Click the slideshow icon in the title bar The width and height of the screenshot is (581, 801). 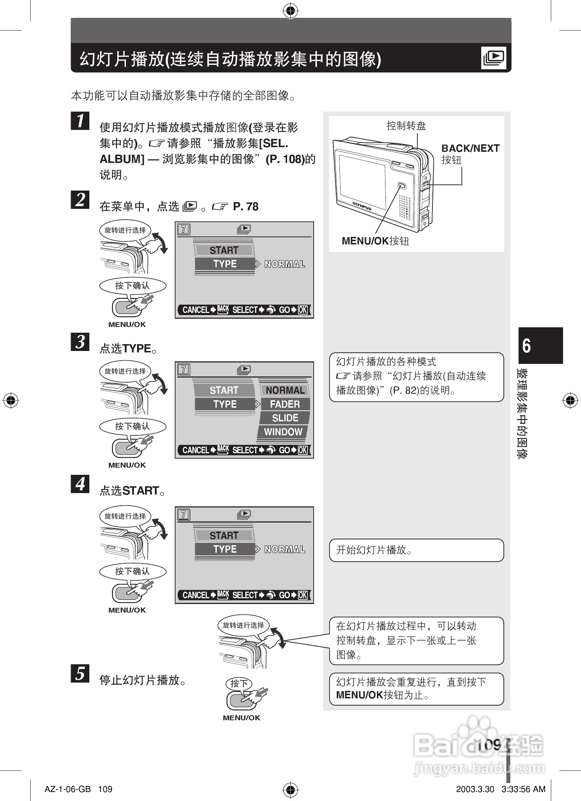pyautogui.click(x=494, y=58)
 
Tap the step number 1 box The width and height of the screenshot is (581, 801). pyautogui.click(x=80, y=120)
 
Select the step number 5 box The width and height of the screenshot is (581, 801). pyautogui.click(x=80, y=673)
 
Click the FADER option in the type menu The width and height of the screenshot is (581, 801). pyautogui.click(x=285, y=404)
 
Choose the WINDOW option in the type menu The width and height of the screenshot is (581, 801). pyautogui.click(x=283, y=432)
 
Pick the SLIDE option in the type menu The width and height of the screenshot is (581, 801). pyautogui.click(x=285, y=418)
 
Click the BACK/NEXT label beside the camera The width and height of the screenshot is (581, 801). pyautogui.click(x=470, y=149)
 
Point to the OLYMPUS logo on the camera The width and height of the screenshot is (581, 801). pyautogui.click(x=361, y=206)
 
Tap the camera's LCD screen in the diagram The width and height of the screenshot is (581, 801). pyautogui.click(x=362, y=182)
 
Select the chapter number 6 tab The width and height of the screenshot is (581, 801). pyautogui.click(x=540, y=345)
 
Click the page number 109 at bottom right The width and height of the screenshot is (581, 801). pyautogui.click(x=489, y=745)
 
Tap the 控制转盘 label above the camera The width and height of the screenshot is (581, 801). pyautogui.click(x=406, y=126)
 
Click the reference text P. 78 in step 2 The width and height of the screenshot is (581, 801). pyautogui.click(x=246, y=207)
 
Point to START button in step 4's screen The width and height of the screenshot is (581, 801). pyautogui.click(x=224, y=535)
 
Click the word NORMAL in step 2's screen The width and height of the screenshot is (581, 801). pyautogui.click(x=285, y=264)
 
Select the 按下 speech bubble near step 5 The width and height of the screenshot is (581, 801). pyautogui.click(x=239, y=683)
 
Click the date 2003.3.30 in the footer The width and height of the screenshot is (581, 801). pyautogui.click(x=475, y=789)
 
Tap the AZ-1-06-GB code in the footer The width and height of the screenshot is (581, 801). pyautogui.click(x=67, y=789)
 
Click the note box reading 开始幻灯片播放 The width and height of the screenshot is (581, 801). pyautogui.click(x=416, y=550)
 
